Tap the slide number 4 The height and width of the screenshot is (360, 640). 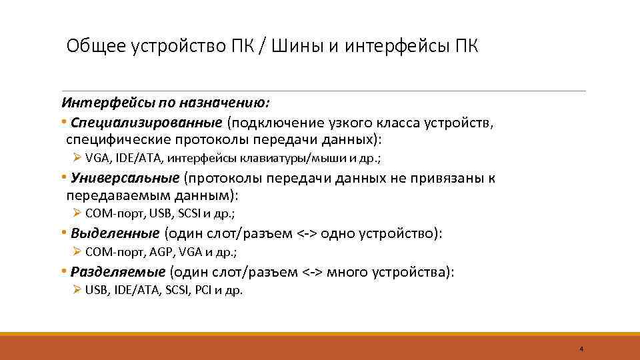pos(581,349)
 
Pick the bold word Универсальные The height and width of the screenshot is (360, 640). pos(125,178)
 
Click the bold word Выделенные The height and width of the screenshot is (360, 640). pos(115,233)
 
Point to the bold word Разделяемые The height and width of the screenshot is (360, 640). pos(118,272)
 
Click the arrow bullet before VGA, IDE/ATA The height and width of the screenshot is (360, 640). pos(77,158)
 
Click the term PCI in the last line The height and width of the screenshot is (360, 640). pos(203,291)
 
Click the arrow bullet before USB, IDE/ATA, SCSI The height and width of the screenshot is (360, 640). pos(77,291)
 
